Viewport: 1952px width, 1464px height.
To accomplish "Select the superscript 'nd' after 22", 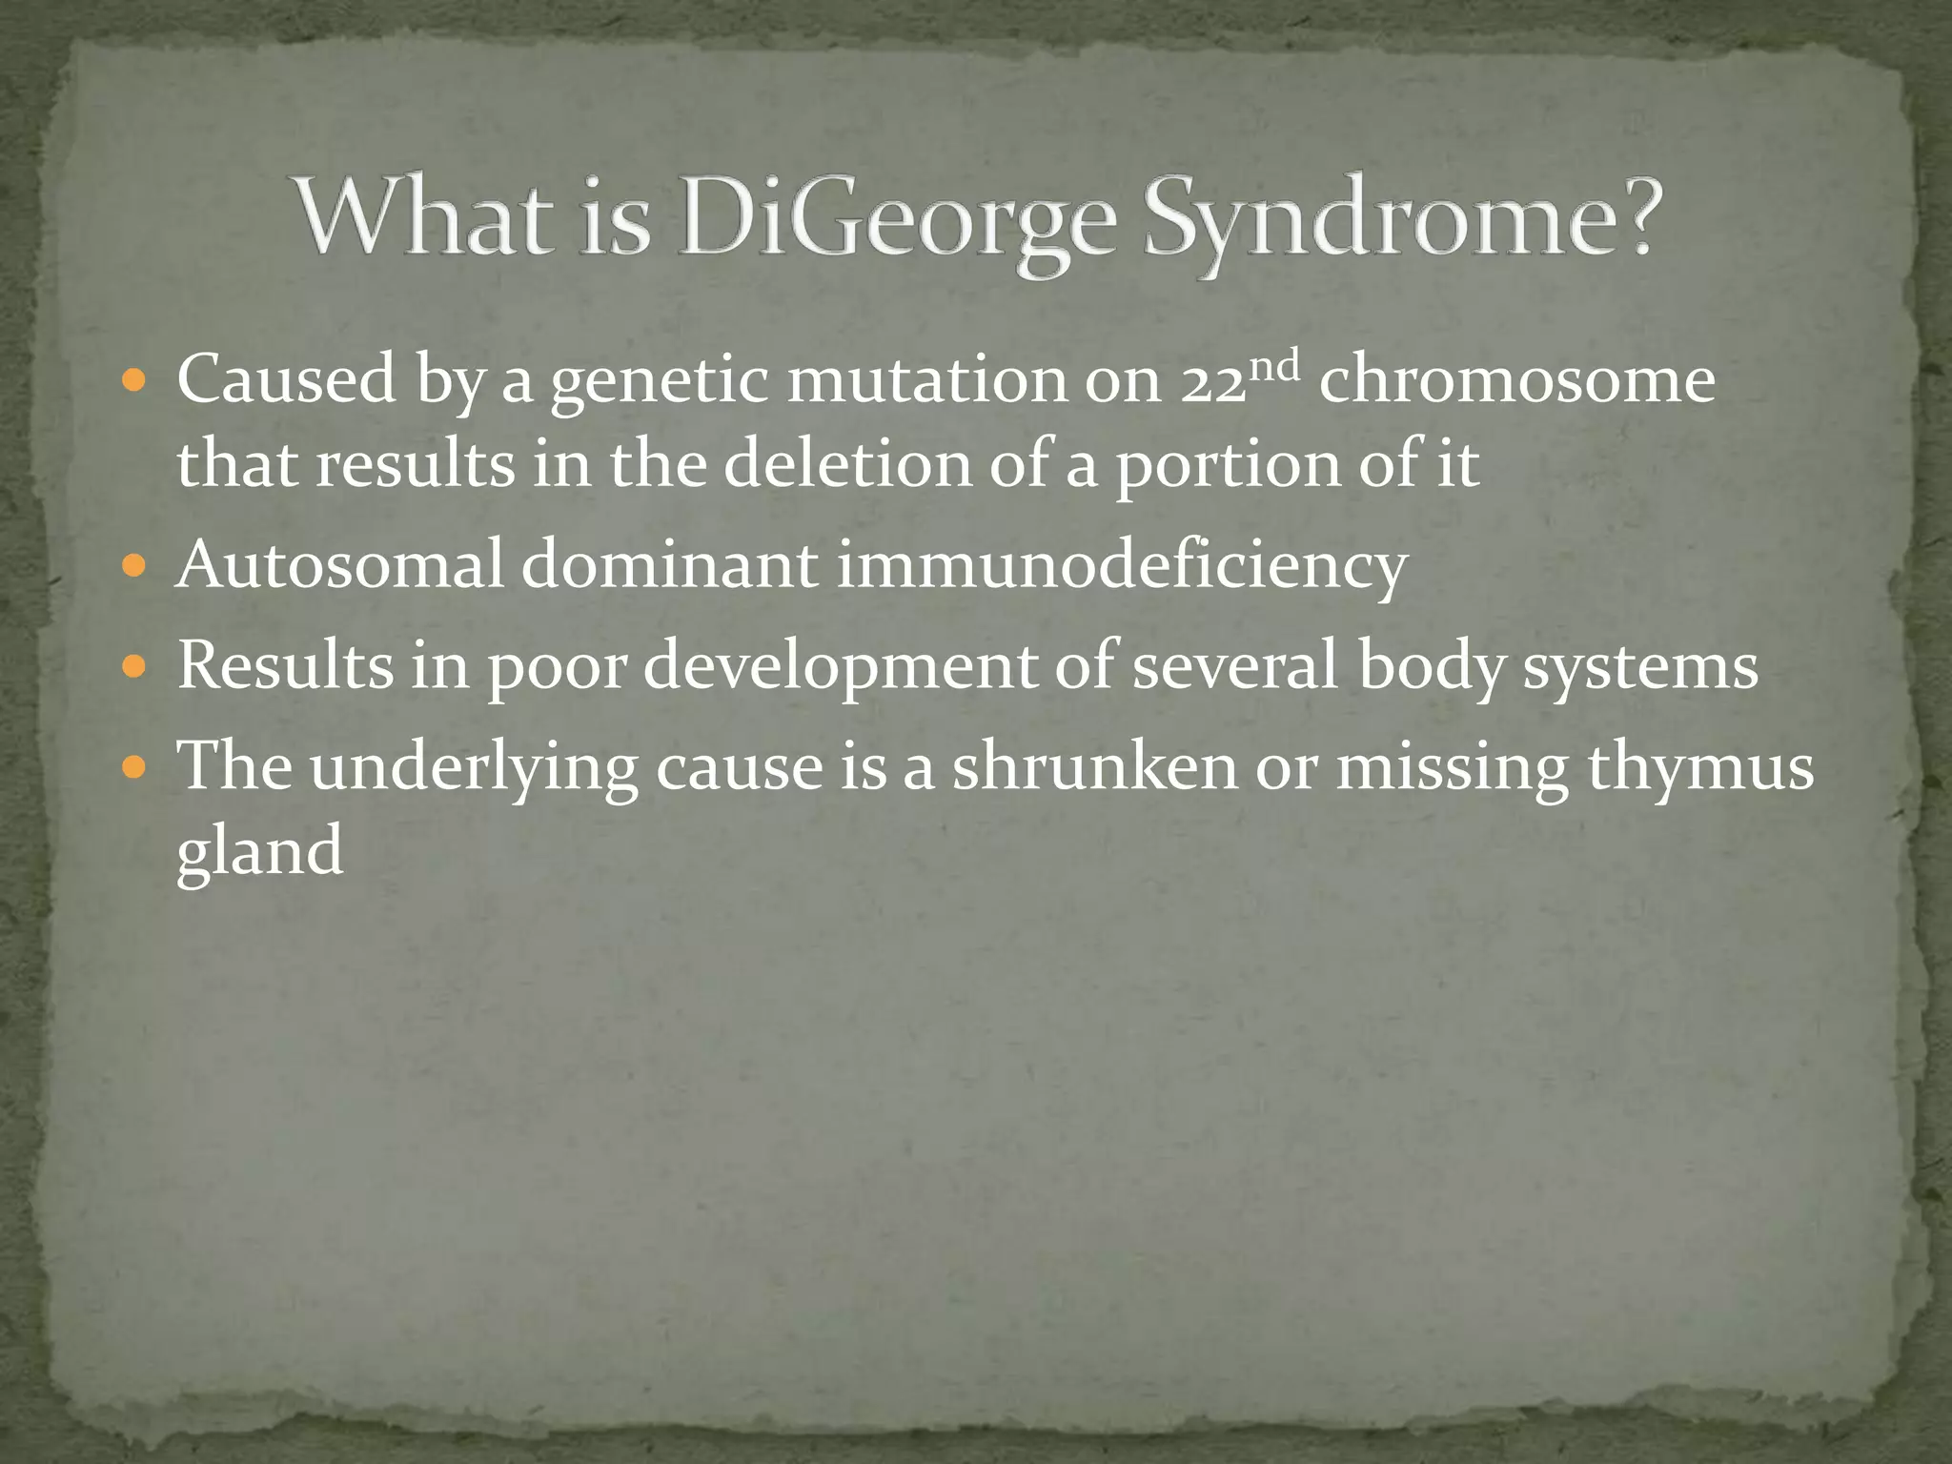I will point(1273,364).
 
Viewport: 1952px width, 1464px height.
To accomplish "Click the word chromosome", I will point(1516,381).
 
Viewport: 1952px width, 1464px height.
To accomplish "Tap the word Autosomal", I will point(339,564).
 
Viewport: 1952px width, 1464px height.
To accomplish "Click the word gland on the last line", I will point(259,852).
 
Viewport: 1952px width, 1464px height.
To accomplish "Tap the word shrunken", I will point(1095,768).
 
